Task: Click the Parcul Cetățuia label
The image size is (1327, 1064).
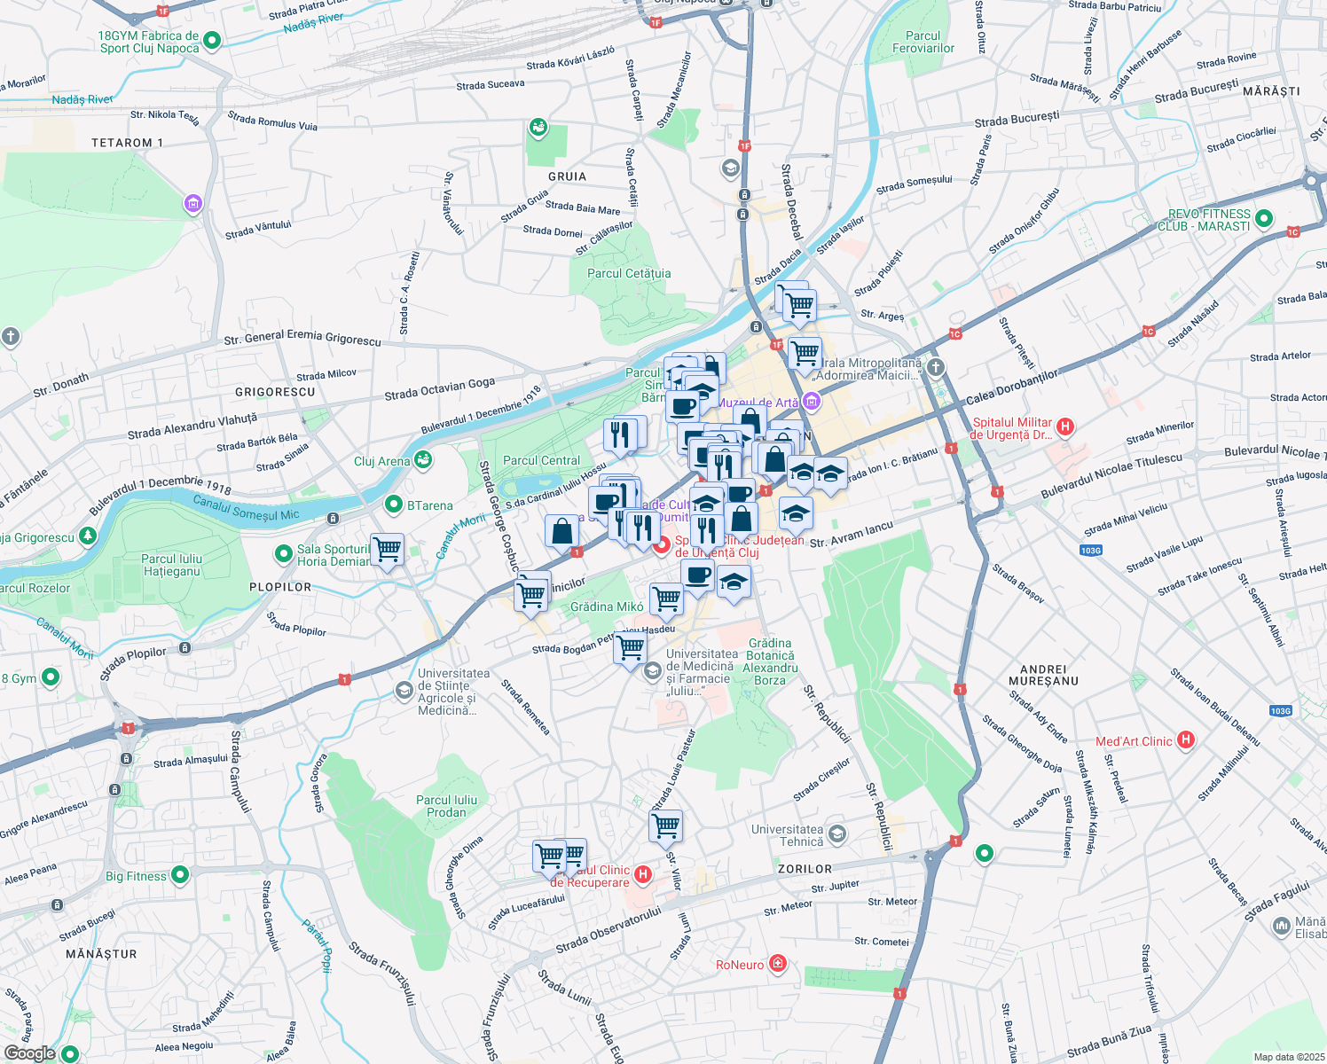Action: click(629, 274)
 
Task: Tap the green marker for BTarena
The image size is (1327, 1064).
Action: click(394, 505)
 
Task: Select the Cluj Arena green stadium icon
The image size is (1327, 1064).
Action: click(423, 459)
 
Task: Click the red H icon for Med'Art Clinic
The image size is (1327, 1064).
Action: click(1186, 740)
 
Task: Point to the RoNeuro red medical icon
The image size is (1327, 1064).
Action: click(778, 964)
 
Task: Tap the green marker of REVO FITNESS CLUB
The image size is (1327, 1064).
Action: click(1265, 218)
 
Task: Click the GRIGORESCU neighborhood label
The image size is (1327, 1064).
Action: click(275, 392)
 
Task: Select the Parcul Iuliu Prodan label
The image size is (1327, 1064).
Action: click(446, 806)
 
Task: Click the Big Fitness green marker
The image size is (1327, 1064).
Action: click(180, 875)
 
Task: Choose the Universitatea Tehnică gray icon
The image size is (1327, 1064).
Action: click(837, 834)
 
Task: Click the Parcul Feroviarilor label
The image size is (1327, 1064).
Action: click(923, 43)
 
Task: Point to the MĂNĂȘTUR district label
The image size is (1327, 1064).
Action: click(102, 954)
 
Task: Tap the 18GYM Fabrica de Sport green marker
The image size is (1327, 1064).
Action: click(212, 40)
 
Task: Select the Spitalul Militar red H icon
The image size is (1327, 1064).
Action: click(1066, 426)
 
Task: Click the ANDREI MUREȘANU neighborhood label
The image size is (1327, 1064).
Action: click(1043, 675)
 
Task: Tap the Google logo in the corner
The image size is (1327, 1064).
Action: click(29, 1052)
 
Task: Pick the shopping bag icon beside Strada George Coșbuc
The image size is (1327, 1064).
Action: click(562, 532)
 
